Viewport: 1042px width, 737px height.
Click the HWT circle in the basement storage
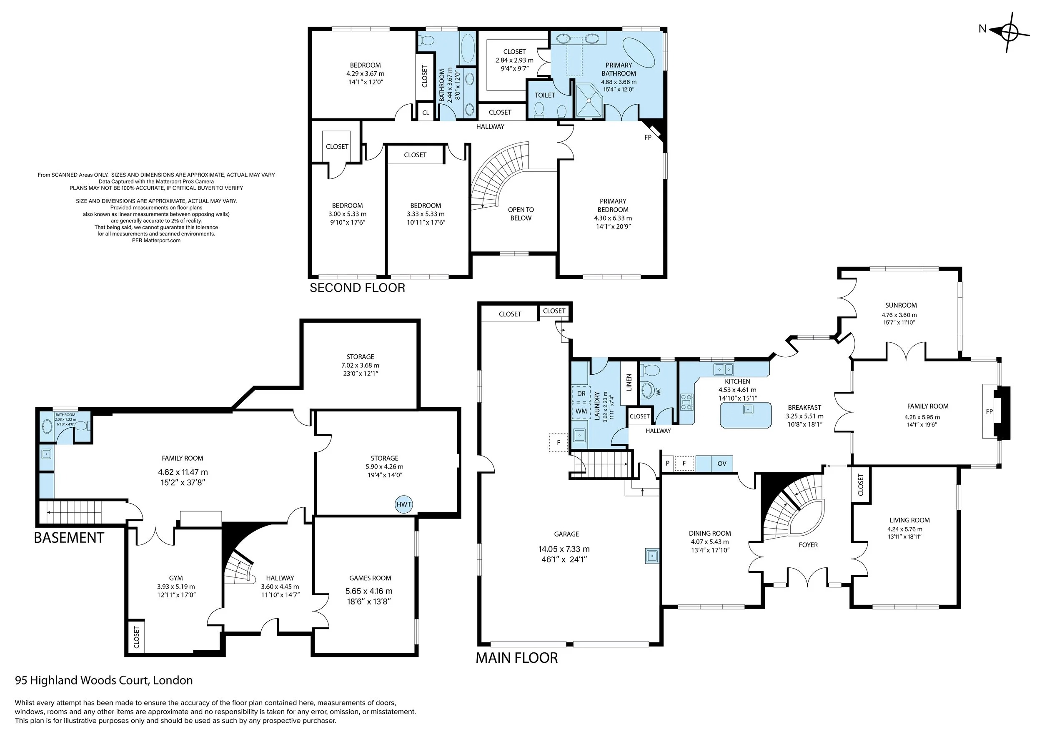coord(403,504)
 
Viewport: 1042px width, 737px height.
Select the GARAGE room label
coord(566,534)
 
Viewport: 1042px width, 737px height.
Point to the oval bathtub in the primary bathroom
coord(639,52)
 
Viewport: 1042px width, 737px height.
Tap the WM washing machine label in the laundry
coord(581,411)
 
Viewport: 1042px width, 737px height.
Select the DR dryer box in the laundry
coord(581,394)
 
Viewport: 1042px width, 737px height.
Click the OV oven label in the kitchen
coord(722,464)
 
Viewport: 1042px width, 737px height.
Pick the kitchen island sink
coord(747,409)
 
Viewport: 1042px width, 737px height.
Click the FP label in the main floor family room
coord(989,411)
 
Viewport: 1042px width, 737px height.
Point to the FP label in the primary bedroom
coord(648,137)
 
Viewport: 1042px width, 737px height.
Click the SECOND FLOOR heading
coord(357,288)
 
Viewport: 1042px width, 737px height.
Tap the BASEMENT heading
coord(69,538)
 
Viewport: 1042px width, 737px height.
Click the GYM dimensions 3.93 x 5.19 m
coord(175,587)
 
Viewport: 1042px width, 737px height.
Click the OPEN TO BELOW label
coord(521,214)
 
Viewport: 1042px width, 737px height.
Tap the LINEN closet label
coord(629,382)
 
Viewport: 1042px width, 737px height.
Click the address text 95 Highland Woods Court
coord(104,680)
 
